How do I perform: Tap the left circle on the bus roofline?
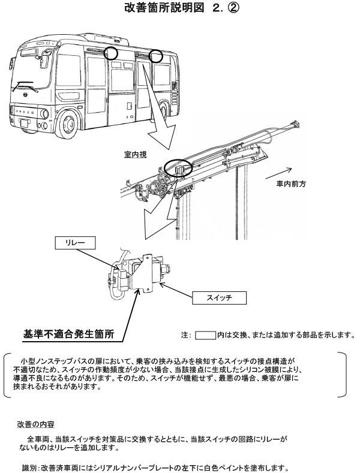[x=112, y=53]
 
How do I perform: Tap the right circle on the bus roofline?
[x=157, y=56]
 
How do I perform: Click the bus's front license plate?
[x=25, y=123]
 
